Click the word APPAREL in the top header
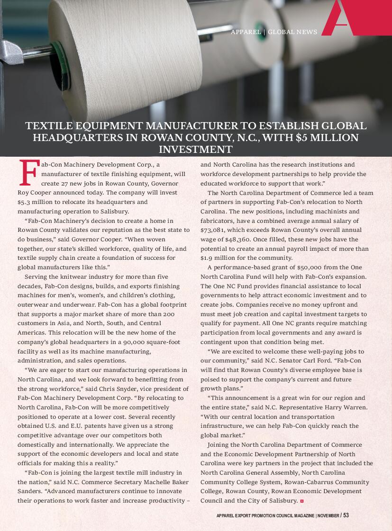tap(246, 32)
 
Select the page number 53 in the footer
tap(346, 515)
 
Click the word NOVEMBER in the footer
tap(328, 515)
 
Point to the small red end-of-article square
tap(301, 501)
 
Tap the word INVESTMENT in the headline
tap(195, 150)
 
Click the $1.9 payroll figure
tap(209, 258)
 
